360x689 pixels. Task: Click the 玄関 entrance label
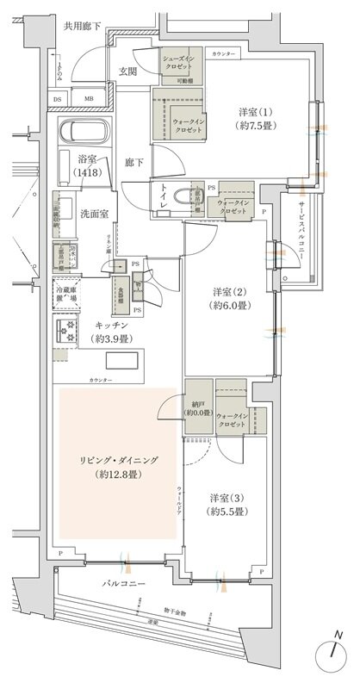click(128, 71)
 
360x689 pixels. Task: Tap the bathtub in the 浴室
click(83, 133)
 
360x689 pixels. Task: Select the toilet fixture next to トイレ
click(182, 196)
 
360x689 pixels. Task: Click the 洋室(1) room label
click(257, 118)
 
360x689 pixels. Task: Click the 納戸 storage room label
click(197, 406)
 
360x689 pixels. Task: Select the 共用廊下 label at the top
click(83, 27)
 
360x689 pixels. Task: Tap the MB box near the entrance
click(89, 98)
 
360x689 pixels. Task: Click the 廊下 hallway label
click(133, 161)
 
